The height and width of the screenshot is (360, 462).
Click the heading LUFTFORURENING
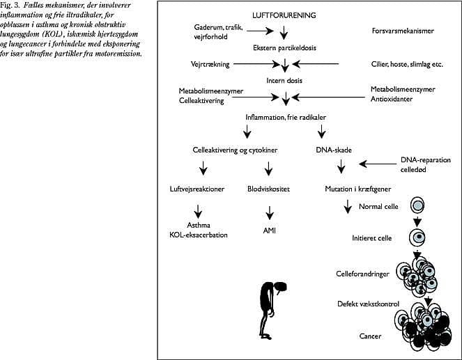point(284,15)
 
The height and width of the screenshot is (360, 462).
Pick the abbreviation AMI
point(268,230)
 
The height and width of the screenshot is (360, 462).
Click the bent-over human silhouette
point(271,299)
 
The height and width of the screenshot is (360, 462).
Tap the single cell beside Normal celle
point(417,206)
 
